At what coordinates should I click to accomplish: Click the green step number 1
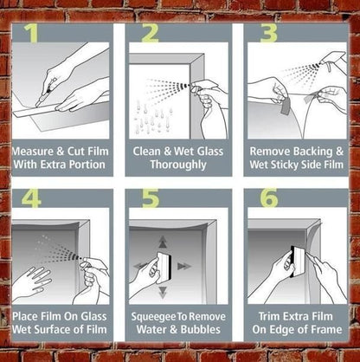pos(31,33)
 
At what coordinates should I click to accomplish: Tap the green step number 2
pos(151,34)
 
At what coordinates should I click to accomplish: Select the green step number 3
pos(268,34)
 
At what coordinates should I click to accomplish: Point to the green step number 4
pos(32,199)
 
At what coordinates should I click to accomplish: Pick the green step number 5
pos(151,199)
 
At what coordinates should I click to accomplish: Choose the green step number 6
pos(268,199)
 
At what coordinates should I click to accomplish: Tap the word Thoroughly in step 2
pos(178,165)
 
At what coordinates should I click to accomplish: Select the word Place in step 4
pos(26,316)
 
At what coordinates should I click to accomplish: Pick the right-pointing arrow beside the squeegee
pos(185,266)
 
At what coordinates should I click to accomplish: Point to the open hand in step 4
pos(31,283)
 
